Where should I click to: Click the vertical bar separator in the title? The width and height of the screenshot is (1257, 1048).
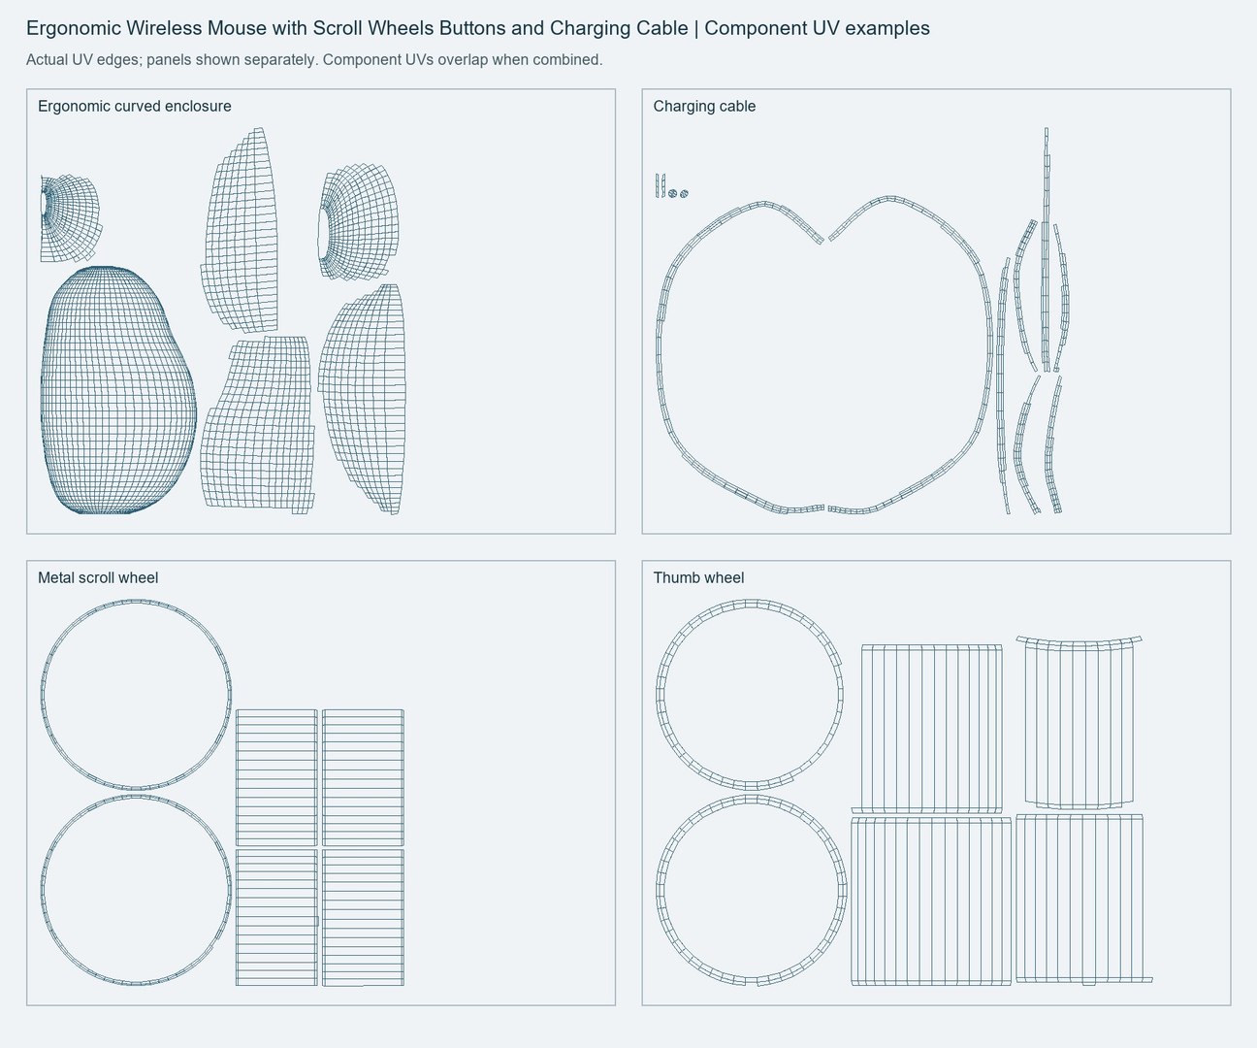click(x=696, y=28)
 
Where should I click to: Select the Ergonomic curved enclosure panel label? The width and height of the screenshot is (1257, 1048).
click(x=134, y=107)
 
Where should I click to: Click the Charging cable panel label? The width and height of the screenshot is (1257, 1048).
click(x=704, y=107)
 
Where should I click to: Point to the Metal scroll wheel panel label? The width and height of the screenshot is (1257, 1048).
click(x=98, y=578)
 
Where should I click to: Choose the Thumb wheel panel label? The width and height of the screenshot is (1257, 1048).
click(x=698, y=578)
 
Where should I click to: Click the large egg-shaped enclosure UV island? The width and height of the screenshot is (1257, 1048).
click(x=118, y=390)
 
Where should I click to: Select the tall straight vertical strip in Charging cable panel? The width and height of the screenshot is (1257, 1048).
click(x=1047, y=250)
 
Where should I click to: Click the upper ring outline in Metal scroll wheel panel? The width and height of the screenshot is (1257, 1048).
click(x=136, y=694)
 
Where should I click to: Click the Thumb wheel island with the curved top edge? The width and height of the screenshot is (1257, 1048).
click(x=1080, y=723)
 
